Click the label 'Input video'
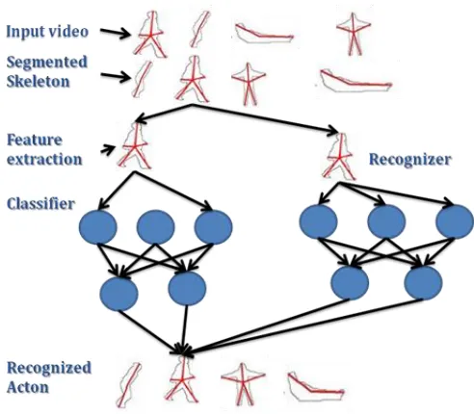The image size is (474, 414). (47, 32)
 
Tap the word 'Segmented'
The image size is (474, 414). (47, 62)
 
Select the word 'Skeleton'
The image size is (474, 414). (38, 81)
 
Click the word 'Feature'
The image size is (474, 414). (35, 140)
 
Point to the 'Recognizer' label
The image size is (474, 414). (410, 160)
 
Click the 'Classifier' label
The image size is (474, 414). (40, 204)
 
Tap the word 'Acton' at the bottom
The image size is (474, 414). (28, 387)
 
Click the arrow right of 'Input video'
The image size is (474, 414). (116, 33)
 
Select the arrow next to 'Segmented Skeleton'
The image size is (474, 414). (116, 77)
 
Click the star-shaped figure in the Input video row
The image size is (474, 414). (353, 34)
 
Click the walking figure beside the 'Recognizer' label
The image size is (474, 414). (339, 157)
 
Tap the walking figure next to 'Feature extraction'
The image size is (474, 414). (135, 146)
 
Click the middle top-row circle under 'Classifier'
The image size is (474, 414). (156, 227)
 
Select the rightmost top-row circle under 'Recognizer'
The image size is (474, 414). (455, 221)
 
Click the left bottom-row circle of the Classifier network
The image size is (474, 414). (119, 294)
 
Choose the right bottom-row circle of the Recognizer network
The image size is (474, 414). (423, 283)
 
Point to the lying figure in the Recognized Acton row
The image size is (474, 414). (316, 386)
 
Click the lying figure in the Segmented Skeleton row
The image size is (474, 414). (355, 80)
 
